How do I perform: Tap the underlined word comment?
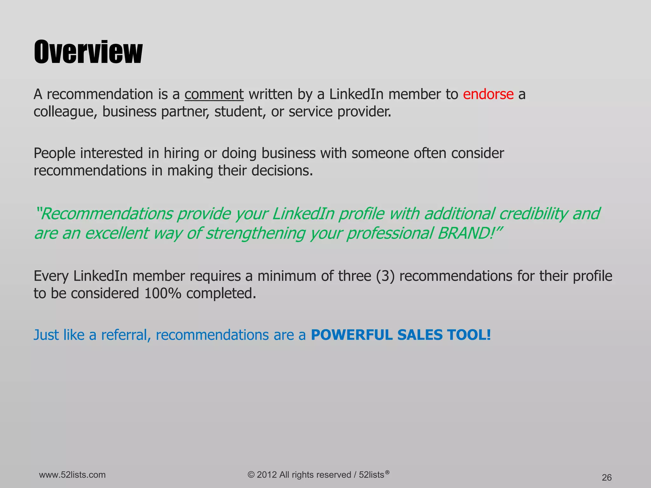(214, 94)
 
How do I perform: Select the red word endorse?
(488, 94)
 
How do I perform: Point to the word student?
(240, 112)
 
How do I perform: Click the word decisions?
(282, 171)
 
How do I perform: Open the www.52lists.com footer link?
(72, 475)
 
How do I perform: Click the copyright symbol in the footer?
(251, 475)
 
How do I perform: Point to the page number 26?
(606, 478)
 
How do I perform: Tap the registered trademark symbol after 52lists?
(387, 472)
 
